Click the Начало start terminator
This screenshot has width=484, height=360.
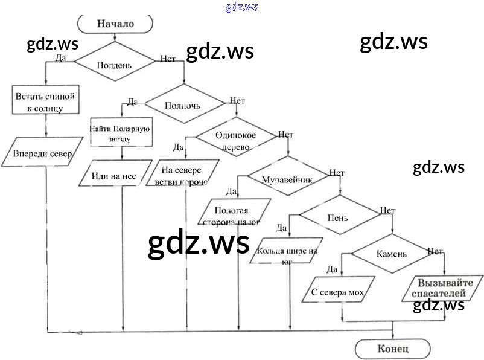pyautogui.click(x=116, y=24)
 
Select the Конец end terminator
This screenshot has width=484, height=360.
pyautogui.click(x=393, y=349)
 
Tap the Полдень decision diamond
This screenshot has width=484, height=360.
pyautogui.click(x=115, y=64)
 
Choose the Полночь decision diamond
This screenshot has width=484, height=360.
pyautogui.click(x=186, y=105)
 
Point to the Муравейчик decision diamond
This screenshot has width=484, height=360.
pyautogui.click(x=285, y=178)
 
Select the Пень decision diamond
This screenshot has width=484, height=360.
pyautogui.click(x=338, y=216)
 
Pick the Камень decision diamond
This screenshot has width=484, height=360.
pyautogui.click(x=392, y=254)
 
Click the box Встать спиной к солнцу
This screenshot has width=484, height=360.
pyautogui.click(x=46, y=101)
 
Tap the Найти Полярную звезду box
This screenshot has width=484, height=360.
pyautogui.click(x=121, y=133)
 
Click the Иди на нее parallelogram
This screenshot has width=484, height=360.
pyautogui.click(x=115, y=175)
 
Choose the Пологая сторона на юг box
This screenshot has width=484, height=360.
pyautogui.click(x=232, y=215)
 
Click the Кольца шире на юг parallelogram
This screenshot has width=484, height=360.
pyautogui.click(x=287, y=250)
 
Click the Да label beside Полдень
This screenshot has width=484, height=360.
pyautogui.click(x=60, y=58)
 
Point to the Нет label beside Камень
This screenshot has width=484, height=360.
pyautogui.click(x=435, y=251)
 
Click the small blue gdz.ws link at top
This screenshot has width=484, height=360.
pyautogui.click(x=242, y=7)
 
